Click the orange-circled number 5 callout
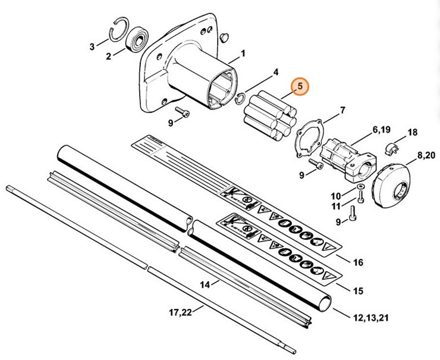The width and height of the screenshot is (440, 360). coord(300,87)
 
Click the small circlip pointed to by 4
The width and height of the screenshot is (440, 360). coord(241,97)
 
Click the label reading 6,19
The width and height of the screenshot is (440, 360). coord(382,129)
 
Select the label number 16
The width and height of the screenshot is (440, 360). coord(358,262)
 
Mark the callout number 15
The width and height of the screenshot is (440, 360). coord(358,291)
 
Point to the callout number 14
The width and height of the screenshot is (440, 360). coord(205,285)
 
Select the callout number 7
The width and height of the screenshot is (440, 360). coord(342,110)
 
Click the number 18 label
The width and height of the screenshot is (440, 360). coord(413,132)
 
